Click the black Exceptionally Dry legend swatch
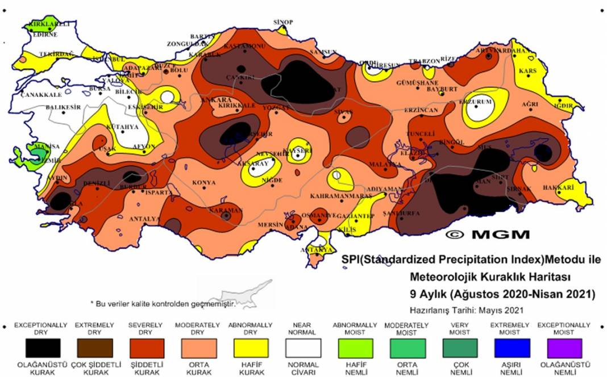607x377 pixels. coord(43,347)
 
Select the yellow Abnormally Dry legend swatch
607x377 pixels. coord(250,347)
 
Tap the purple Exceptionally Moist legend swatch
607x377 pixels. coord(564,347)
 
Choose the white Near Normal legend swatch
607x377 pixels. coord(302,347)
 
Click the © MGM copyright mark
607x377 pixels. coord(487,234)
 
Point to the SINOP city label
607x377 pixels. coord(283,22)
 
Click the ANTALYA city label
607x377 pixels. coord(144,219)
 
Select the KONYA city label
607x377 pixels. coord(204,182)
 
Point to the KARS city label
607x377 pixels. coord(527,71)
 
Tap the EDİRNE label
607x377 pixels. coord(45,34)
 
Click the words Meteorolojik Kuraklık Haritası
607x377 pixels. coord(490,277)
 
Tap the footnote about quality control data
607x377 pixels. coord(163,304)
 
